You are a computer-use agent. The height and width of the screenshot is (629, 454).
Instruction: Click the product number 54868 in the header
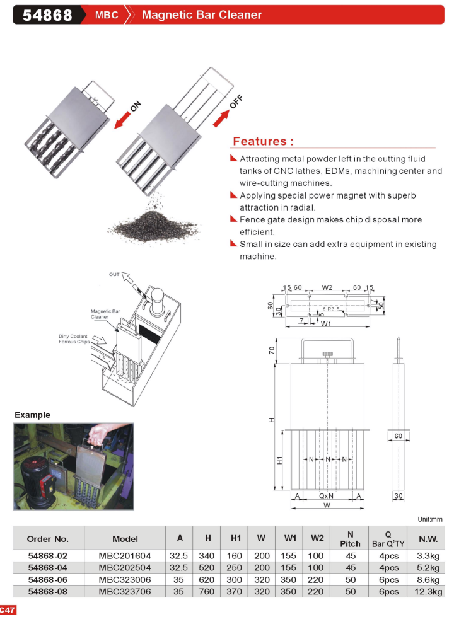(47, 14)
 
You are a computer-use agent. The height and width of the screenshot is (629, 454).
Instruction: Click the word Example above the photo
(32, 415)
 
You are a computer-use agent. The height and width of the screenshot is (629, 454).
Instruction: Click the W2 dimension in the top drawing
(327, 287)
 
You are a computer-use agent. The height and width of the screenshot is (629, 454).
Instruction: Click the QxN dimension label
(326, 496)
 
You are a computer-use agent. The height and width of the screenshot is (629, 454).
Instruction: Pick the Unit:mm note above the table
(430, 519)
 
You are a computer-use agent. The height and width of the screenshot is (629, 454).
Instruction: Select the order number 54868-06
(48, 579)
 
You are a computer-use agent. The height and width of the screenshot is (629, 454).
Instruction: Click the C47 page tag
(8, 609)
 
